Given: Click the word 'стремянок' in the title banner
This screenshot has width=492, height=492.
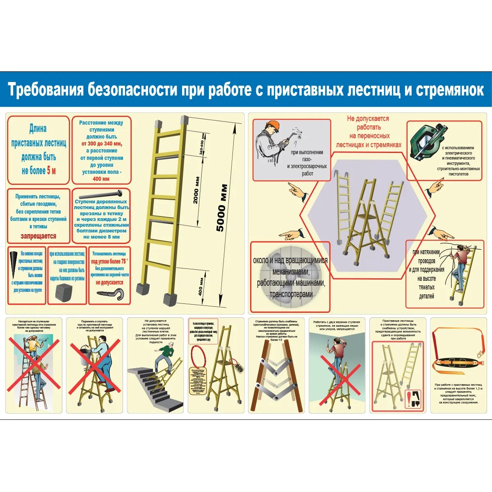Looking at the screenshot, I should [x=450, y=89].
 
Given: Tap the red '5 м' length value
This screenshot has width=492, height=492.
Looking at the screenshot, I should [x=51, y=171].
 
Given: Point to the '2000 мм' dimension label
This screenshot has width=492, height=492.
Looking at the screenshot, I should [x=196, y=190].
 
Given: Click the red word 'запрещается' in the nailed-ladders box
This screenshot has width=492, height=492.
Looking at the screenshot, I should [x=38, y=236].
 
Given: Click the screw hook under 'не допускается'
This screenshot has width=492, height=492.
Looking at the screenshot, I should [x=110, y=293].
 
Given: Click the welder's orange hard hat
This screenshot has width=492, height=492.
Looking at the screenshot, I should [x=272, y=125].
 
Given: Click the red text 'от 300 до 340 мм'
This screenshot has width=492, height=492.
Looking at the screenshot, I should [x=101, y=143].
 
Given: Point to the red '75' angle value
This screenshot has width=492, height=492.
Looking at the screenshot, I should [x=123, y=261].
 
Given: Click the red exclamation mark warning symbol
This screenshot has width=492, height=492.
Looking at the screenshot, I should [x=409, y=399].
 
